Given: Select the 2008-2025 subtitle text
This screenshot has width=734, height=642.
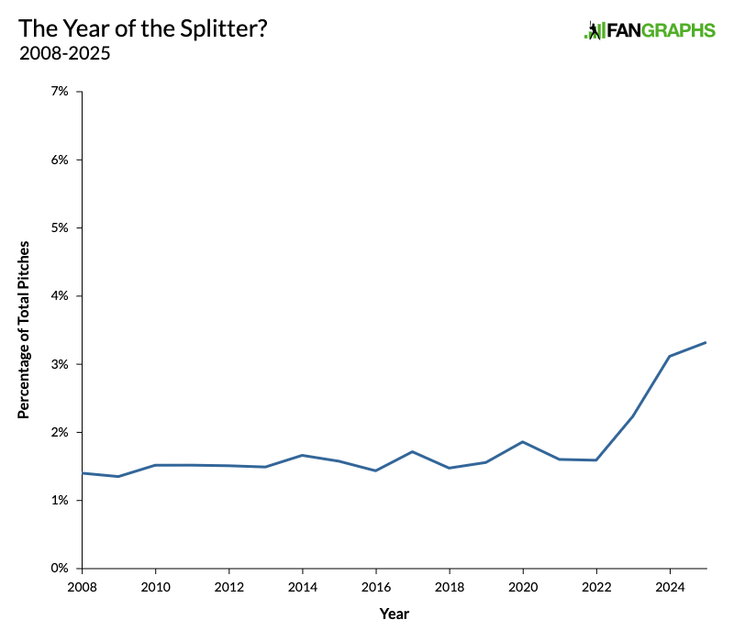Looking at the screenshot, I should (64, 53).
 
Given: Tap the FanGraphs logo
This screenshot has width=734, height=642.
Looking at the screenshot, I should (650, 30).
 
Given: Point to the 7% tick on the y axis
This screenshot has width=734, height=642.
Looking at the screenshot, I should (59, 92).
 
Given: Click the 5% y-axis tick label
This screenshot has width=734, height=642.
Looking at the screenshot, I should (59, 227).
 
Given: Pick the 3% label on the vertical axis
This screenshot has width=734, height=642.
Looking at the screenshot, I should (59, 364).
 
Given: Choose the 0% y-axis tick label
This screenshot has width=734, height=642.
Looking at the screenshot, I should (59, 569).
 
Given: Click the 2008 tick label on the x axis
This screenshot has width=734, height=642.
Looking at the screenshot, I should (82, 585).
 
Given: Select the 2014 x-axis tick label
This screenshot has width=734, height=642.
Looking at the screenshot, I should (302, 585).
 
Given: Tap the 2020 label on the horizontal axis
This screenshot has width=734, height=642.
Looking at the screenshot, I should (523, 585).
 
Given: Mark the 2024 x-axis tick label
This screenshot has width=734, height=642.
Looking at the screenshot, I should (670, 585).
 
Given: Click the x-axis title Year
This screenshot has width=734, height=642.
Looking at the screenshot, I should (394, 613).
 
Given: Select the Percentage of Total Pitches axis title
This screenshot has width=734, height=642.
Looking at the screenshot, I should (25, 330).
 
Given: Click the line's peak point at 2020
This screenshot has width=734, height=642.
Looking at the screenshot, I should (523, 442).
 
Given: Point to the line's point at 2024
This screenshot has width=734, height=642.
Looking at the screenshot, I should (670, 356).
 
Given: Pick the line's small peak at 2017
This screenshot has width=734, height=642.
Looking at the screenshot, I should (413, 451).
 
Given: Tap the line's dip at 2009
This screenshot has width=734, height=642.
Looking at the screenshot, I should (118, 476).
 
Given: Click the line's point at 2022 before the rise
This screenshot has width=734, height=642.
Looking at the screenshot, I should (596, 459).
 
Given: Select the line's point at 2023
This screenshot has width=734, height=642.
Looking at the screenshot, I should (633, 416).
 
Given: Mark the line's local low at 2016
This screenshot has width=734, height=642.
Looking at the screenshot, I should (376, 470).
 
